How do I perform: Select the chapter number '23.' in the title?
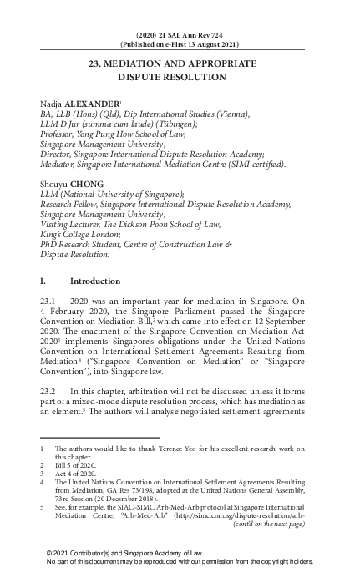click(x=98, y=63)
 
